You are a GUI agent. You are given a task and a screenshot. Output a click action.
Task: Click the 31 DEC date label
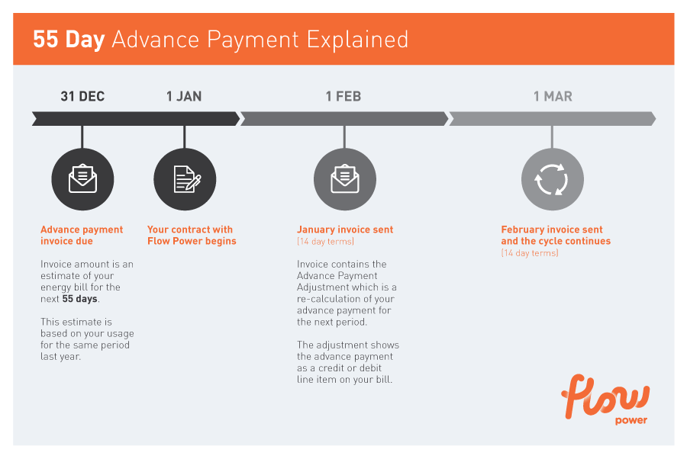coord(82,96)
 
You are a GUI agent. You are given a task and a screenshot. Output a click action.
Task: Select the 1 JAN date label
coord(184,96)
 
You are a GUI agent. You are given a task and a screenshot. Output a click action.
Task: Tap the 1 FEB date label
coord(343,96)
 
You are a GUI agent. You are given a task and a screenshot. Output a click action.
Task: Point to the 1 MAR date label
coord(553,96)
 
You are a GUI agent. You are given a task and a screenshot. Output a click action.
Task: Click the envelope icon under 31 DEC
coord(82,178)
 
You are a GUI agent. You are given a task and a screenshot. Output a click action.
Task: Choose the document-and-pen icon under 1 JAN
coord(187,179)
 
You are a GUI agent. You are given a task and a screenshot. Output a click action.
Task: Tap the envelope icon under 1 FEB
coord(345,178)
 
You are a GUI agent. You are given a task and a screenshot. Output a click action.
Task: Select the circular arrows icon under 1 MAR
coord(552,179)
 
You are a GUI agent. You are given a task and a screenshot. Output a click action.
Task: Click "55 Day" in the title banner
coord(69,40)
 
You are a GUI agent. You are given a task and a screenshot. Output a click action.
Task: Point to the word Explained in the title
coord(357,40)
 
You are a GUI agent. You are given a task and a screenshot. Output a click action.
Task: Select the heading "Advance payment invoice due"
coord(82,236)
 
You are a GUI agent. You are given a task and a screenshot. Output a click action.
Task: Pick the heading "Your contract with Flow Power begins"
coord(192,236)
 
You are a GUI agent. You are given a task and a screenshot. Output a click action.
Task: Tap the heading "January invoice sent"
coord(345,230)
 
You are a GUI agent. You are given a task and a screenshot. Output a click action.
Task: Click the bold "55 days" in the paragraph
coord(79,299)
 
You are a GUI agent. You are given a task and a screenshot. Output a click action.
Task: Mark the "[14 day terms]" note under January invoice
coord(325,242)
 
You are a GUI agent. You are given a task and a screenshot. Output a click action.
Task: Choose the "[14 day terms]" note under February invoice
coord(529,253)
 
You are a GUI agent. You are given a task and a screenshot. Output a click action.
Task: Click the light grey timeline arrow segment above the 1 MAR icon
coord(552,119)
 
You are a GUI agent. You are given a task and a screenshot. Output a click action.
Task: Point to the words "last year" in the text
coord(60,357)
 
